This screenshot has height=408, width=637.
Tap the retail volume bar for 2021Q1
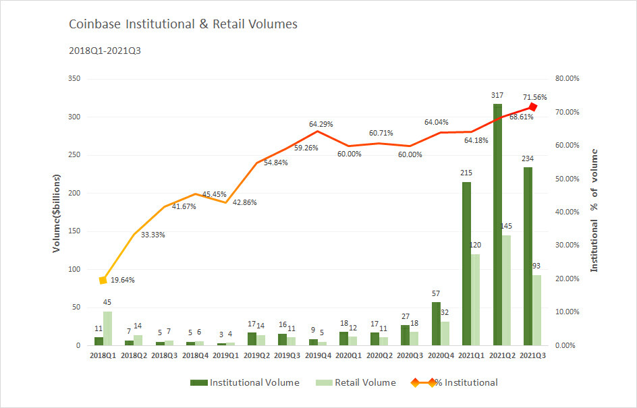point(475,299)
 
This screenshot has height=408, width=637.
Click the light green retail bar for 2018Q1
point(108,328)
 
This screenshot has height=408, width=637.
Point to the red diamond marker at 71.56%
point(532,107)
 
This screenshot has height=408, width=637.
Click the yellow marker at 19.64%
point(103,280)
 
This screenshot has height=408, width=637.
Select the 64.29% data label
point(321,124)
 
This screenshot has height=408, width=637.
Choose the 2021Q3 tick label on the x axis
point(532,355)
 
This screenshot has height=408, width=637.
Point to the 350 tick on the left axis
point(74,79)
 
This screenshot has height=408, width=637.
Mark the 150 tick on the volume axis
point(74,231)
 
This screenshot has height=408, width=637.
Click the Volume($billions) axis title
point(57,212)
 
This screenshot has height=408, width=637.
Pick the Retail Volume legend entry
point(356,383)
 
